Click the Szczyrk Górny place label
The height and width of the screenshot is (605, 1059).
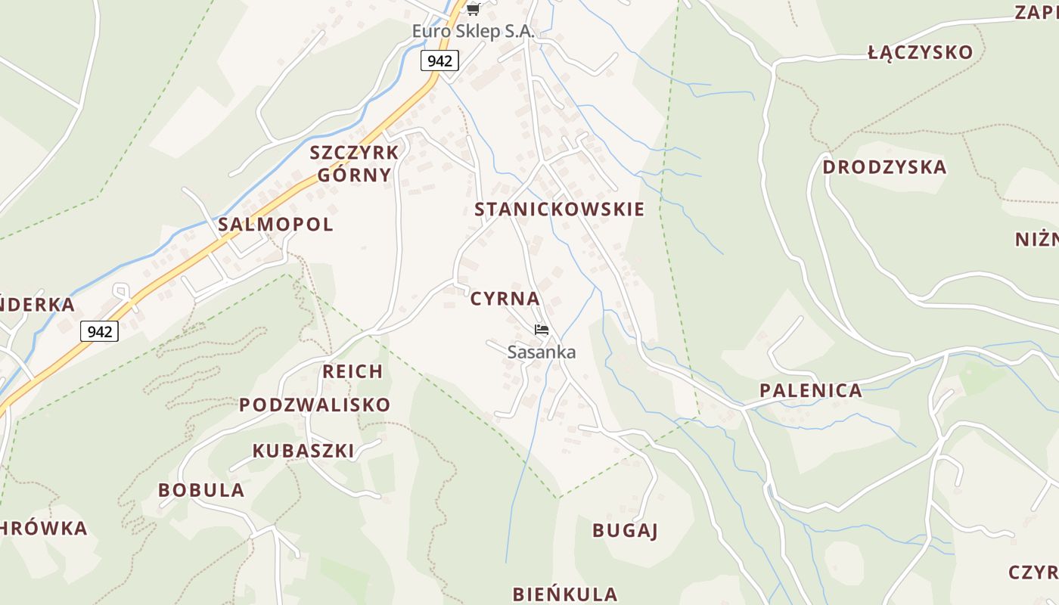[354, 163]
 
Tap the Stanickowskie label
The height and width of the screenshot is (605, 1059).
[559, 209]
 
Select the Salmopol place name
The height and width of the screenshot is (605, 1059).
[275, 225]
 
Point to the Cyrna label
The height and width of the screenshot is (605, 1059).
[505, 299]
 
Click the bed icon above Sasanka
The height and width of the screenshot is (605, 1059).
[541, 330]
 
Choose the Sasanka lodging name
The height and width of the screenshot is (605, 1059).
[541, 352]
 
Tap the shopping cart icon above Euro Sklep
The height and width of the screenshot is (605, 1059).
[474, 9]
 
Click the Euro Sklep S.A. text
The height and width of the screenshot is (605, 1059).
[473, 32]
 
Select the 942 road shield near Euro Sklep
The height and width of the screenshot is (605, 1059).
[439, 60]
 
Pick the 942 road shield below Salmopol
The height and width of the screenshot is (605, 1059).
[99, 331]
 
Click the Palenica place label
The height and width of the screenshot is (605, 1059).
[810, 391]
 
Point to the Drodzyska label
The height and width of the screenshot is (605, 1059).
[884, 167]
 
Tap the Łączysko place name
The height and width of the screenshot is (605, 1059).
[920, 52]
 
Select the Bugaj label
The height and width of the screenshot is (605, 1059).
[625, 530]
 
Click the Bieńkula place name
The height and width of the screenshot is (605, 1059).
[564, 594]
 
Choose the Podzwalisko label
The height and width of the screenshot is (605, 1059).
[315, 405]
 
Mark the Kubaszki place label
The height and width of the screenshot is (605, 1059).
[303, 451]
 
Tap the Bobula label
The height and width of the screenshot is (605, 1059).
[201, 490]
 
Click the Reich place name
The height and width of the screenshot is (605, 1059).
[352, 371]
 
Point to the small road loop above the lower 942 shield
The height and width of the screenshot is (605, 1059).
[120, 289]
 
